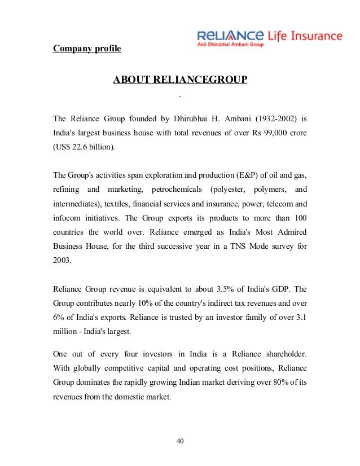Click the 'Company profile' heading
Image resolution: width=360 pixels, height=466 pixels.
click(87, 49)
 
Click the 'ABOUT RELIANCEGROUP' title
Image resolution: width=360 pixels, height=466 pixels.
click(180, 80)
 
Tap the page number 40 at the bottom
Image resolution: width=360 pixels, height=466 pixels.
click(180, 441)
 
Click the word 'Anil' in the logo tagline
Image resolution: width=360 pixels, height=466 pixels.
click(201, 45)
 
